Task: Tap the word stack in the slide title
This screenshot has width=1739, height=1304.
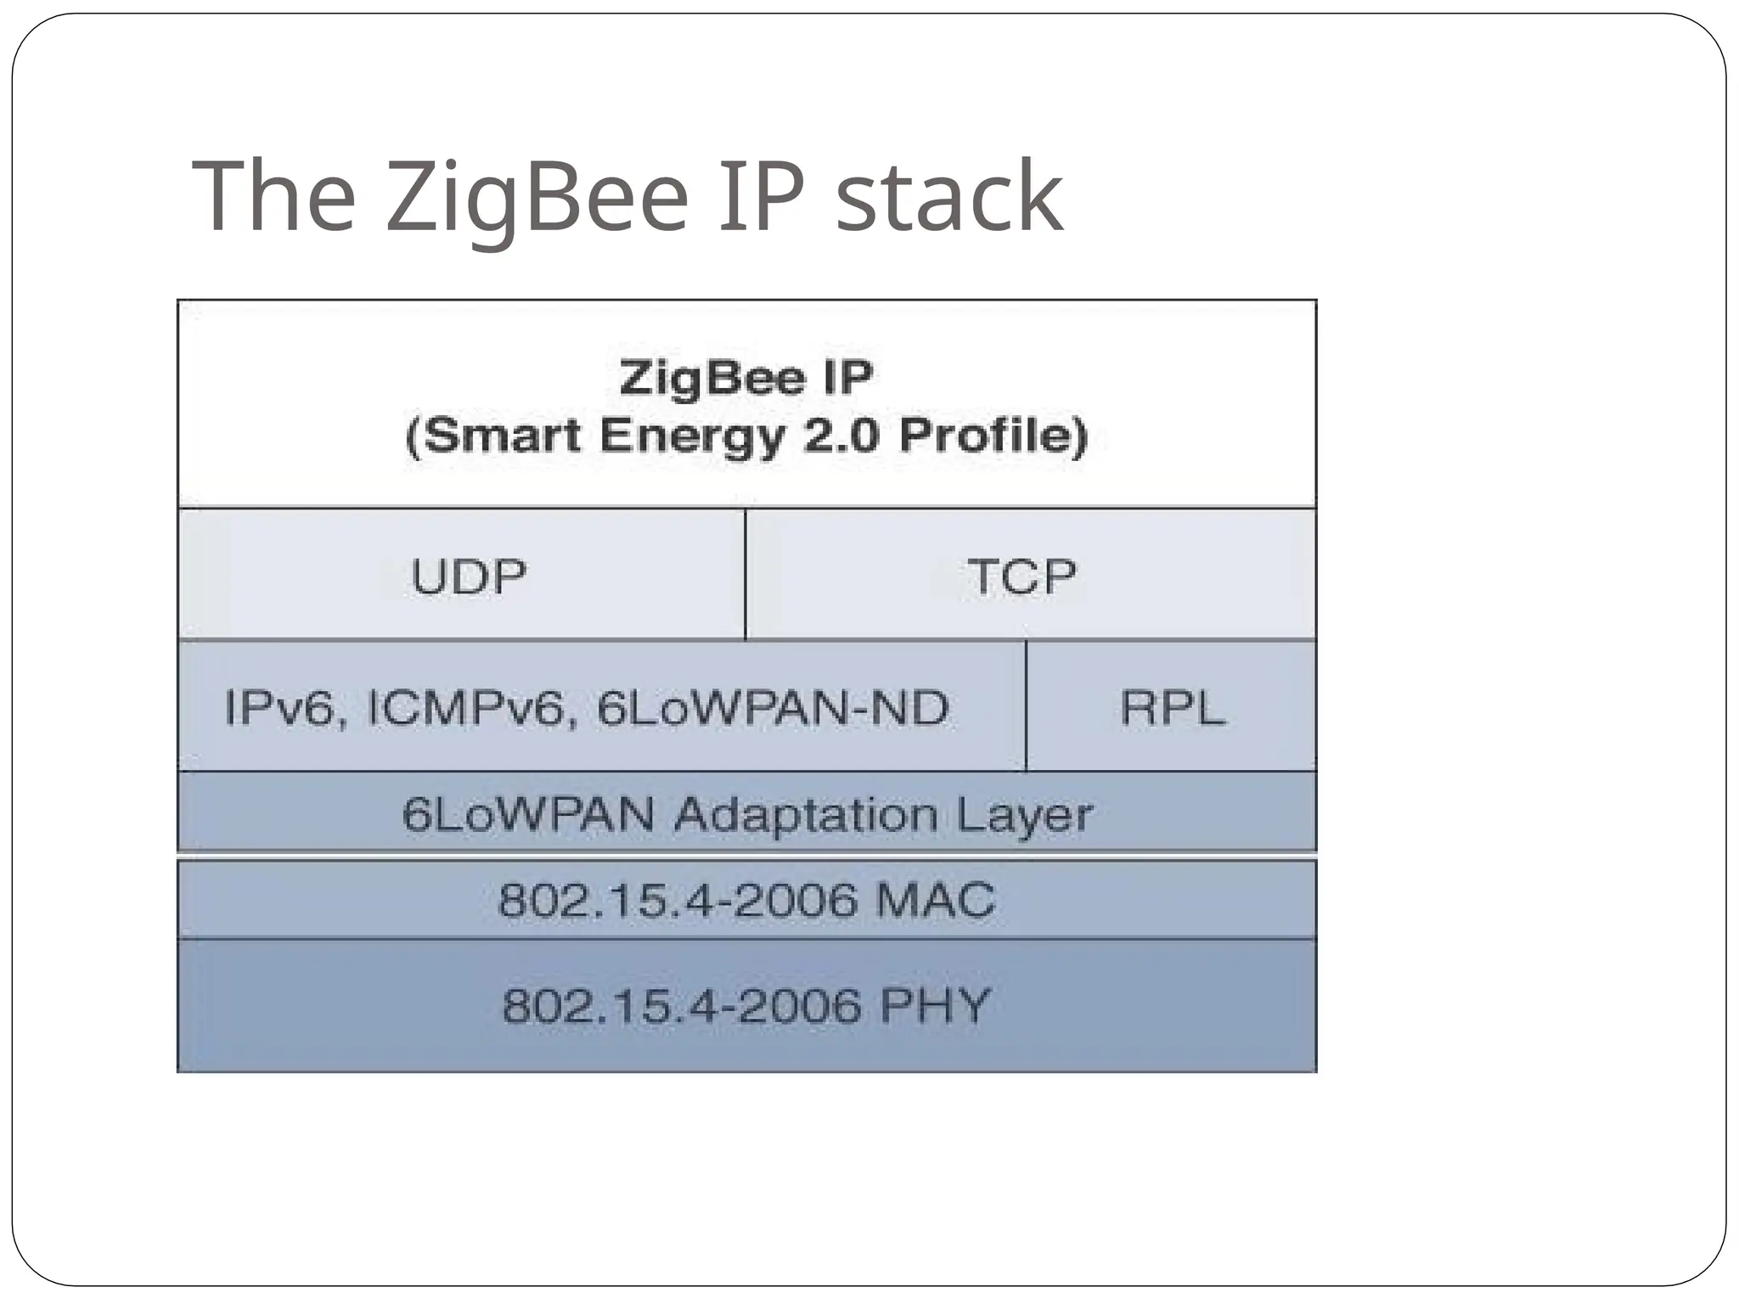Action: (x=949, y=197)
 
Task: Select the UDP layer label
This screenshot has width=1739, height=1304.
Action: (x=469, y=576)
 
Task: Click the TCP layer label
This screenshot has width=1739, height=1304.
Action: (x=1022, y=576)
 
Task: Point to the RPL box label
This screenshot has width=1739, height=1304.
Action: (x=1173, y=707)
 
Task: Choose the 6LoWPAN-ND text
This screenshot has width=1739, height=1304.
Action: (x=773, y=708)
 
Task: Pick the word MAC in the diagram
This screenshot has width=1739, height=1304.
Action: (x=935, y=900)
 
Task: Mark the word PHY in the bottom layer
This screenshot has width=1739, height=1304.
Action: (x=935, y=1006)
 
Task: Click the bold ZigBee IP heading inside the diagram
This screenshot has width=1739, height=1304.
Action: (x=746, y=378)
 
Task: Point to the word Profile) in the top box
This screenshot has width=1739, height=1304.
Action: (x=993, y=436)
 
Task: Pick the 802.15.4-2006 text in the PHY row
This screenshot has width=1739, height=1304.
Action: (x=682, y=1006)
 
